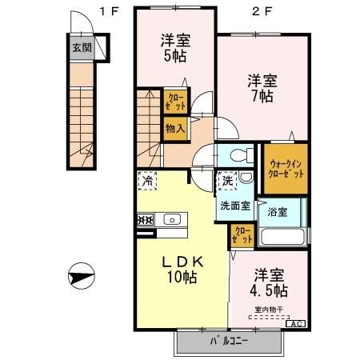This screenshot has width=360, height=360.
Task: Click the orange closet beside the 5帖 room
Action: coord(175,102)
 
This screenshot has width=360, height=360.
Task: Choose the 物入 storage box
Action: coord(175,127)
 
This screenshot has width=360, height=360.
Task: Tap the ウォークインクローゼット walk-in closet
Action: coord(285,169)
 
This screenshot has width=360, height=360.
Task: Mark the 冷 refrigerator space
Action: coord(148,182)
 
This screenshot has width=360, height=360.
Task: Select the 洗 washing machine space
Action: coord(228,182)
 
